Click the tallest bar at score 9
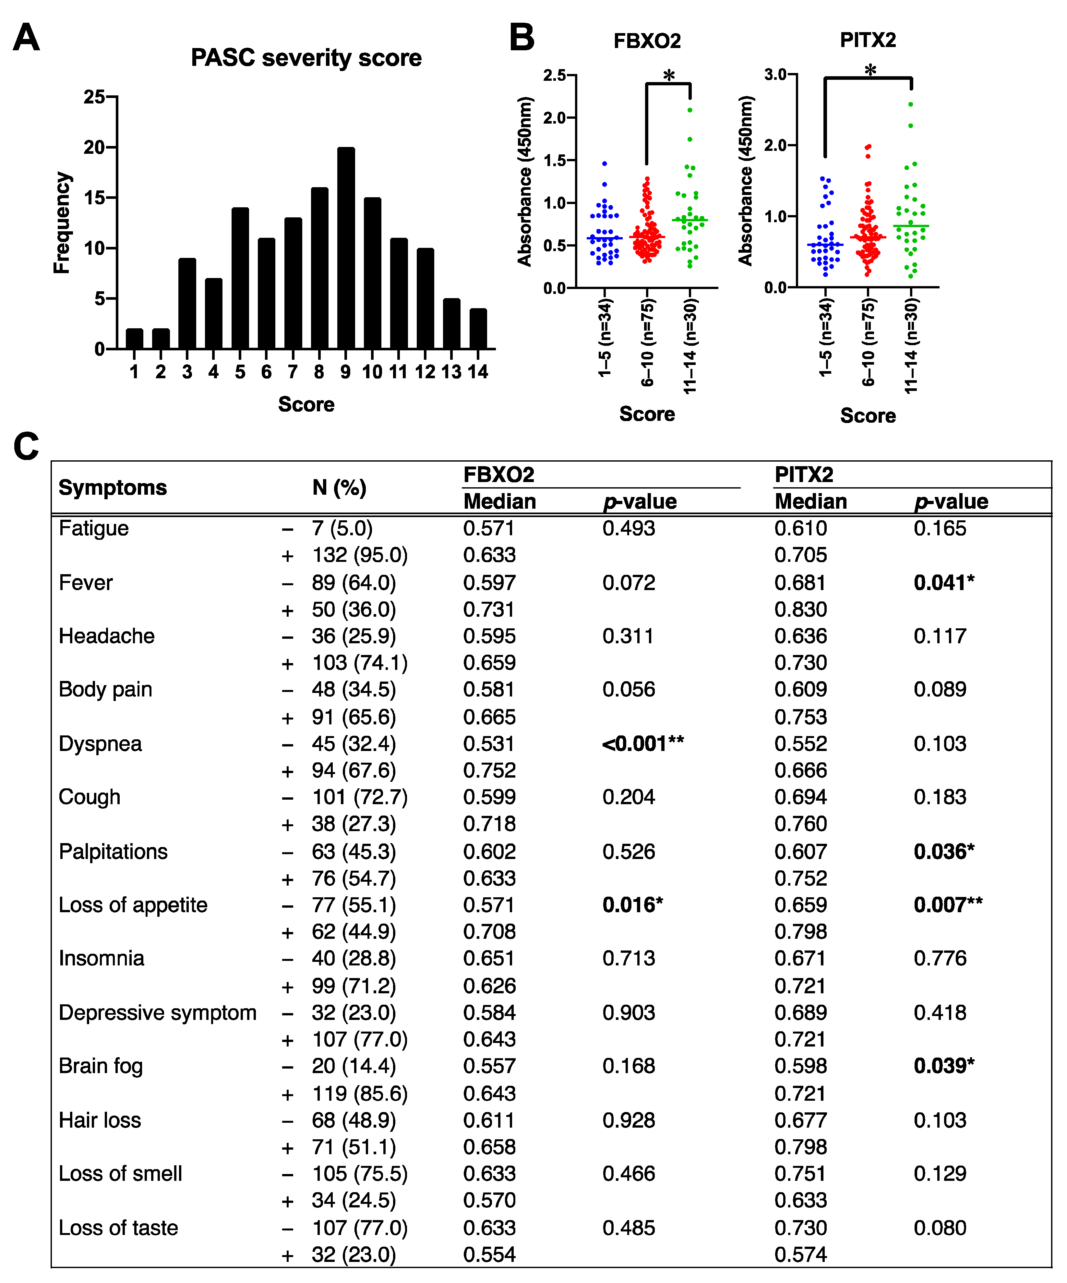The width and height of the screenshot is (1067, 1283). point(346,248)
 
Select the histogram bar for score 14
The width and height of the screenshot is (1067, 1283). point(478,329)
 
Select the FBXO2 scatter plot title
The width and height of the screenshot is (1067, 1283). point(647,41)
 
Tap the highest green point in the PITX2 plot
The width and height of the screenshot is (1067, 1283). point(911,104)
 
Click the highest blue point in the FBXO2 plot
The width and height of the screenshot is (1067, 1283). point(605,164)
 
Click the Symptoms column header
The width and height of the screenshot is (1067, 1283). point(113,488)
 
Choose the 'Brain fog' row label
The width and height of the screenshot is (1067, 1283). point(101,1066)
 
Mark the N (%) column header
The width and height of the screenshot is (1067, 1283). point(339,488)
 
